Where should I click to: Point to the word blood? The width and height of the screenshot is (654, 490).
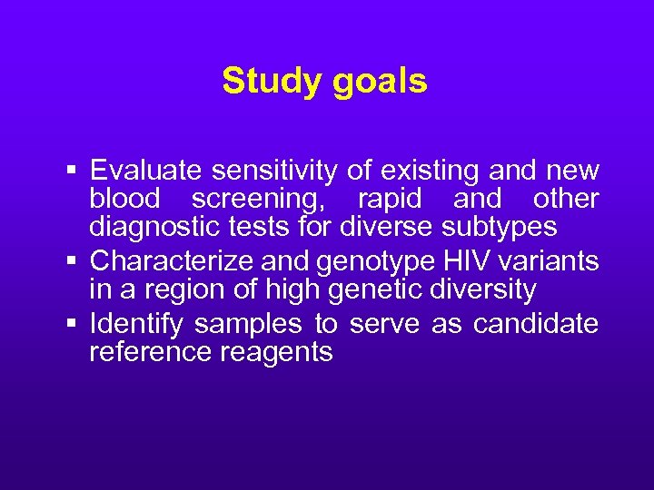[x=124, y=199]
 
